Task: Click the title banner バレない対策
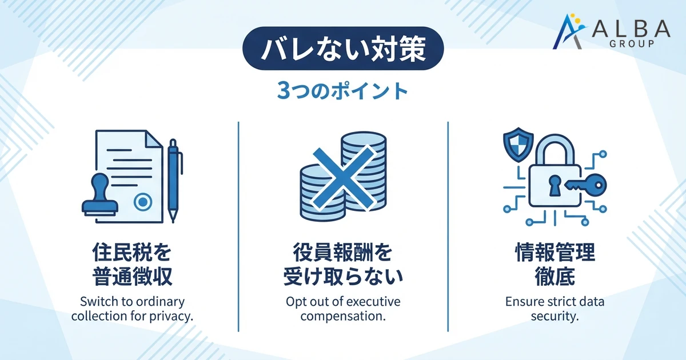point(343,50)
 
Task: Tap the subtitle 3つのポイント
point(343,91)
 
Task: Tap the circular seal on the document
point(142,201)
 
